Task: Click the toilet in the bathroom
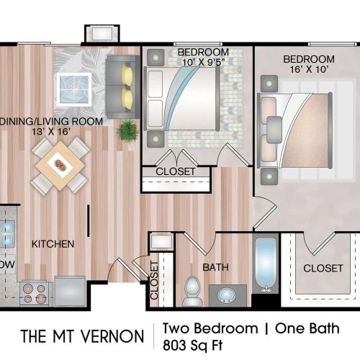pos(192,289)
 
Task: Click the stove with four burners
pos(34,292)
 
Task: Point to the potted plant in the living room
pos(127,130)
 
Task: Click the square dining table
pos(60,165)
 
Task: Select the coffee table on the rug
pos(74,89)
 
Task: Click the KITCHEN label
pos(53,244)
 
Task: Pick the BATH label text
pos(215,267)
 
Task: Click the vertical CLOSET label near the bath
pos(154,281)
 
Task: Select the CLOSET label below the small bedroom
pos(176,171)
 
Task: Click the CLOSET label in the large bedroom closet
pos(323,268)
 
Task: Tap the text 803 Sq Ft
pos(193,343)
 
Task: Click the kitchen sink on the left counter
pos(7,233)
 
